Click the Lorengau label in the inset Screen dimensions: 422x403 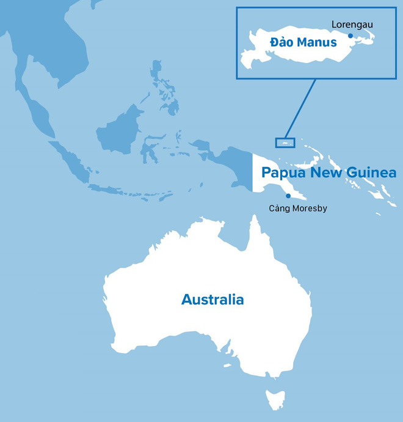pos(352,24)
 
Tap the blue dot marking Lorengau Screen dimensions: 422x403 pos(350,35)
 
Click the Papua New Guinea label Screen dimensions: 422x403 pos(329,172)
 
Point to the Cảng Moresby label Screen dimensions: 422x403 pos(298,209)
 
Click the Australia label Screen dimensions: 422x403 pos(212,300)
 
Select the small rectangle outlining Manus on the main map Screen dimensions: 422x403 pos(285,143)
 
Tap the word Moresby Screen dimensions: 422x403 pos(308,209)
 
